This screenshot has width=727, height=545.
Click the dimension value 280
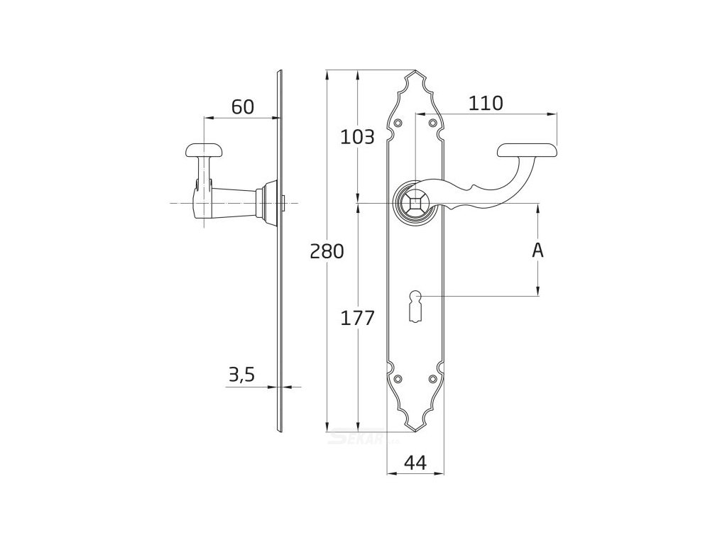click(x=327, y=251)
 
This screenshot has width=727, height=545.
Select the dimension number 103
click(x=357, y=137)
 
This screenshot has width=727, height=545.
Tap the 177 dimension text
click(x=357, y=319)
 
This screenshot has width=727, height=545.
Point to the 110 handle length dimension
click(x=486, y=104)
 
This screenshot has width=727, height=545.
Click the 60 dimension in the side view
click(x=242, y=106)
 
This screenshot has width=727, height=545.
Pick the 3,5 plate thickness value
click(x=241, y=375)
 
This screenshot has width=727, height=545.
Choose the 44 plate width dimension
click(x=415, y=463)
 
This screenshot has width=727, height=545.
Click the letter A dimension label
click(x=538, y=250)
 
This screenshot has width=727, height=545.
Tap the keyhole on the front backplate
click(x=415, y=302)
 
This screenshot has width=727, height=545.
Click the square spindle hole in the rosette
click(x=414, y=203)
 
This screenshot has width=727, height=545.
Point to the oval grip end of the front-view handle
click(x=527, y=150)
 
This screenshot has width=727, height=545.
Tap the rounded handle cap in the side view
click(x=204, y=150)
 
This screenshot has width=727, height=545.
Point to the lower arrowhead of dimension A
click(x=538, y=290)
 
